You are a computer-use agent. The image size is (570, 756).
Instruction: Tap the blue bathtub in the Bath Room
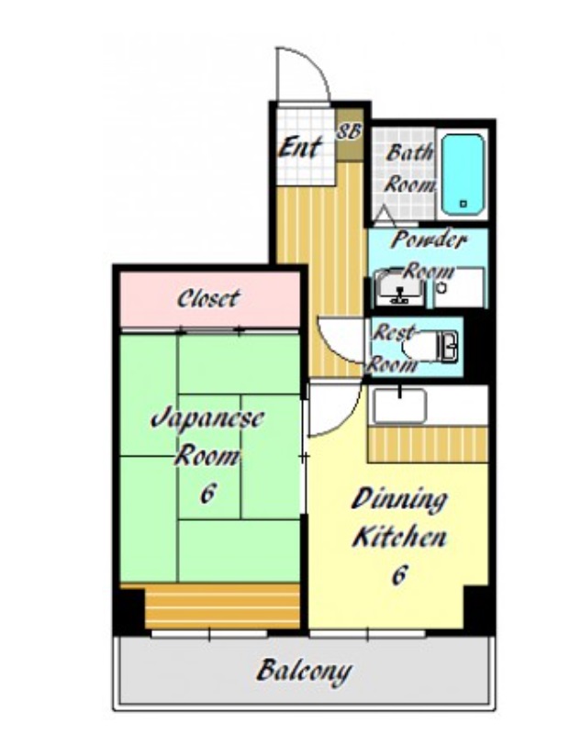(x=463, y=174)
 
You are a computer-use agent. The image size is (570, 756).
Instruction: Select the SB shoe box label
(x=349, y=131)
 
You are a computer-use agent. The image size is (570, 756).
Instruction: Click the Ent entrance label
(x=299, y=147)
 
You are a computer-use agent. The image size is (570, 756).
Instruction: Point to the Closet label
(x=207, y=298)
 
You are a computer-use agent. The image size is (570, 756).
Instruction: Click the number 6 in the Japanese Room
(x=207, y=493)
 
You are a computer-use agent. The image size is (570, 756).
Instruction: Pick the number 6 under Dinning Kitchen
(x=398, y=573)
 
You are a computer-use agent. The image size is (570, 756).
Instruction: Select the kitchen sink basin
(x=400, y=406)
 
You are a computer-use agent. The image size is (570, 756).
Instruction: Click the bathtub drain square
(x=464, y=204)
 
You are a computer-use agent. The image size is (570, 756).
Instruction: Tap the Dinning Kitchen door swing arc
(x=345, y=420)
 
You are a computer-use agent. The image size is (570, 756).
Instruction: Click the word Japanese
(x=207, y=418)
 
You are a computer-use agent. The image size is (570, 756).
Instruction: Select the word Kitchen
(x=399, y=537)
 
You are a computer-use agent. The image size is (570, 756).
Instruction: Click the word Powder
(x=429, y=239)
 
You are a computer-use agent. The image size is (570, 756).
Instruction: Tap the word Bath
(x=409, y=152)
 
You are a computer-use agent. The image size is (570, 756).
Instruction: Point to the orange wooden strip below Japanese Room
(x=222, y=606)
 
